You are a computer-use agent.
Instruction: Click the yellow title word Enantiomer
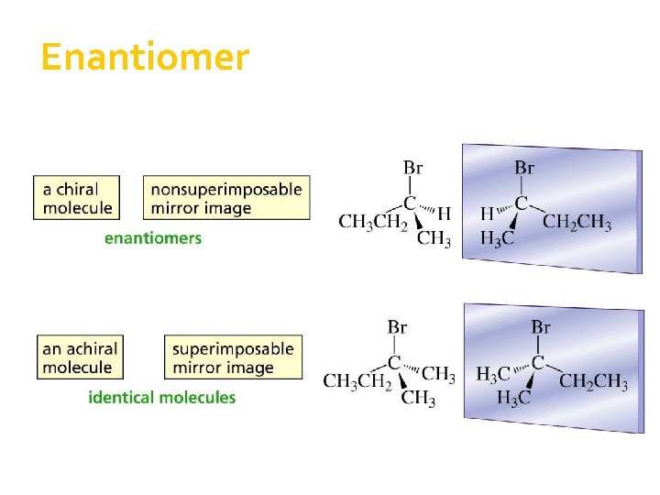[x=145, y=58]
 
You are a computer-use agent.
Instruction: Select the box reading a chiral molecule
[x=78, y=198]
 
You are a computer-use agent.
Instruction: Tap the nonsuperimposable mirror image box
[x=225, y=198]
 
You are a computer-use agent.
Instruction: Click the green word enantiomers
[x=153, y=238]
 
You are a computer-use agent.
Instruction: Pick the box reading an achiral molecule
[x=81, y=357]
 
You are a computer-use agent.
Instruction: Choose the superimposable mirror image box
[x=233, y=357]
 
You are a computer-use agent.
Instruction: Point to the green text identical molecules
[x=162, y=398]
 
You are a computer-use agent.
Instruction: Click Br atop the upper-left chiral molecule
[x=413, y=168]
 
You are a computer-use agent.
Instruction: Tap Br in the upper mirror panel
[x=524, y=168]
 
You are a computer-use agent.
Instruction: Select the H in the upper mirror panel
[x=488, y=214]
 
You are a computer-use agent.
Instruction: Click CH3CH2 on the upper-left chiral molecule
[x=372, y=221]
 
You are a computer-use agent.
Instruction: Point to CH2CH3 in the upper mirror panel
[x=577, y=221]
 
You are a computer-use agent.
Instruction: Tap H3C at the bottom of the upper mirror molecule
[x=498, y=239]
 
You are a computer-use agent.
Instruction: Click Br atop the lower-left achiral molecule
[x=398, y=327]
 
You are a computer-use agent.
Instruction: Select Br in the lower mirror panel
[x=541, y=326]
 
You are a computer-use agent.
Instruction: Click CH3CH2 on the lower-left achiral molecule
[x=357, y=380]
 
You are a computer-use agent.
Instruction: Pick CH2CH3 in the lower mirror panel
[x=593, y=380]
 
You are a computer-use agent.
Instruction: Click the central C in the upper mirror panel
[x=522, y=203]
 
